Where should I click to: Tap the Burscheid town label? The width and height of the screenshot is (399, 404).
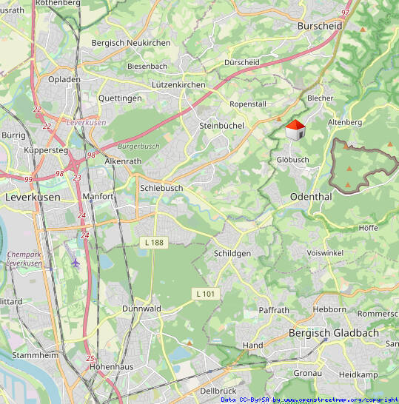point(319,25)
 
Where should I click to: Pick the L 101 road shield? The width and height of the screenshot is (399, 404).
point(205,294)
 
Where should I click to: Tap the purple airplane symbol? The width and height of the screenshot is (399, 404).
point(75,262)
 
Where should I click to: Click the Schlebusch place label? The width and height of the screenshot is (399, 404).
point(161,188)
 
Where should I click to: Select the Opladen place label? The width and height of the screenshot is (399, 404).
point(64,79)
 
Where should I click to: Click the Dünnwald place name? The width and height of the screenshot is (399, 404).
point(141,308)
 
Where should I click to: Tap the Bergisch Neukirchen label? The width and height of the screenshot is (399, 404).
point(130,43)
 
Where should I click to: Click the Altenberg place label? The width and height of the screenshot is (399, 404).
point(343,121)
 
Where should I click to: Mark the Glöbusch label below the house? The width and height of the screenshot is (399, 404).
point(292,160)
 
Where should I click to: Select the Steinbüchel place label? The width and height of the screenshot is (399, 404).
point(221,126)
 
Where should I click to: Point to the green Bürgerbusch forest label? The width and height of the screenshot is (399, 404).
point(138,147)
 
